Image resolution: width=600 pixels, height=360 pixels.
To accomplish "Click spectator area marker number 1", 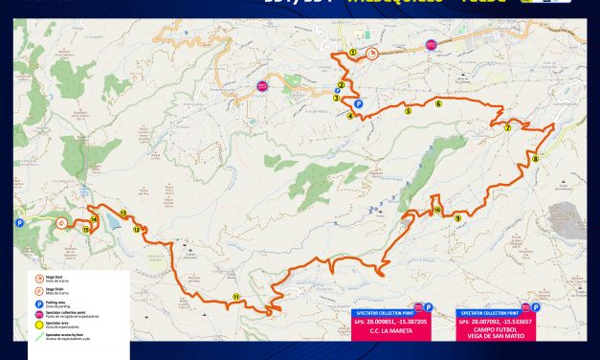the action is tap(353, 52).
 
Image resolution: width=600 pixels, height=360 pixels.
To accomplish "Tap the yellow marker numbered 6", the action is tap(438, 104).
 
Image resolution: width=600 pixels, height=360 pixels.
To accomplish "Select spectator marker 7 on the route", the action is tap(508, 127).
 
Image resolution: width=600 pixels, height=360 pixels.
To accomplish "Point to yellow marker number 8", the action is tap(536, 159).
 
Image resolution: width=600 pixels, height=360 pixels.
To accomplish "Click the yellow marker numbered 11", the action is tap(235, 297).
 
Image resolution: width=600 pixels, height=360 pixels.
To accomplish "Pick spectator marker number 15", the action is tap(85, 229).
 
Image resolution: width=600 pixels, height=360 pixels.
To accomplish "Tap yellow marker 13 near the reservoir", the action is tap(123, 213).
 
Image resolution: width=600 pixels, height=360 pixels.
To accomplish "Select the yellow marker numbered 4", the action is tap(350, 116).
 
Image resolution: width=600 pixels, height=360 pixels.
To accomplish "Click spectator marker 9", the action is tap(458, 218).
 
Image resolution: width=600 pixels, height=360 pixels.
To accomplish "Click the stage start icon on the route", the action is tap(370, 55).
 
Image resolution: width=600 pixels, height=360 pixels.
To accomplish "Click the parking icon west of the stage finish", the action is tap(19, 222).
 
